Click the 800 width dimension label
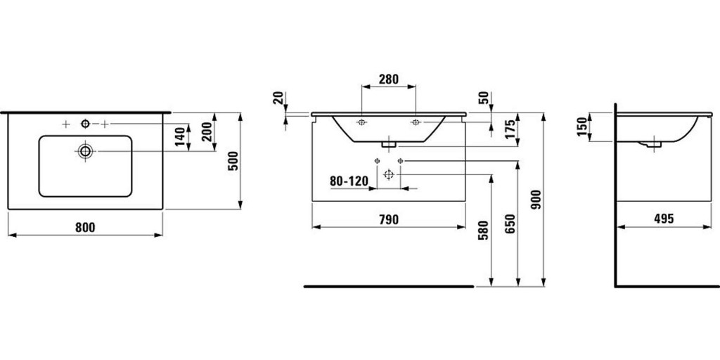coord(85,227)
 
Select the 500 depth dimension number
coord(233,161)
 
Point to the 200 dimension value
coord(207,131)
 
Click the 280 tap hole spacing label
coord(388,79)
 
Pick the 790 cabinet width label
coord(388,219)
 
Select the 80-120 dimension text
coord(349,181)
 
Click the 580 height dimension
coord(483,230)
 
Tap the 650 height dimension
coord(510,224)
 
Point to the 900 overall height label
coord(536,199)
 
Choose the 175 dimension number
coord(510,129)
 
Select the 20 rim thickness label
coord(278,98)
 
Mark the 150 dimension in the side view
coord(581,127)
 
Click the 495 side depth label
coord(664,219)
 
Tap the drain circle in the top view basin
coord(85,151)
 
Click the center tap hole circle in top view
coord(85,124)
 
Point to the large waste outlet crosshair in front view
coord(388,174)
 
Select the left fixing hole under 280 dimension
coord(362,122)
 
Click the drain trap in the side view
coord(650,144)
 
